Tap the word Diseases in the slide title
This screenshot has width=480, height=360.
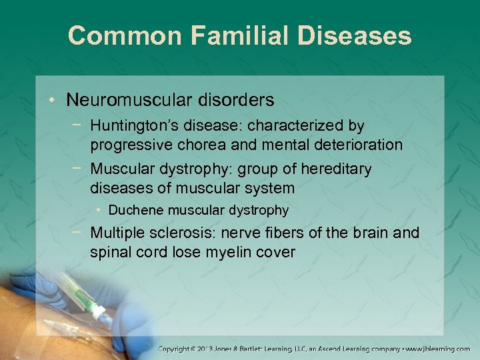pyautogui.click(x=356, y=35)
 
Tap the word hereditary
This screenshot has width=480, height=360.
pyautogui.click(x=337, y=169)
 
